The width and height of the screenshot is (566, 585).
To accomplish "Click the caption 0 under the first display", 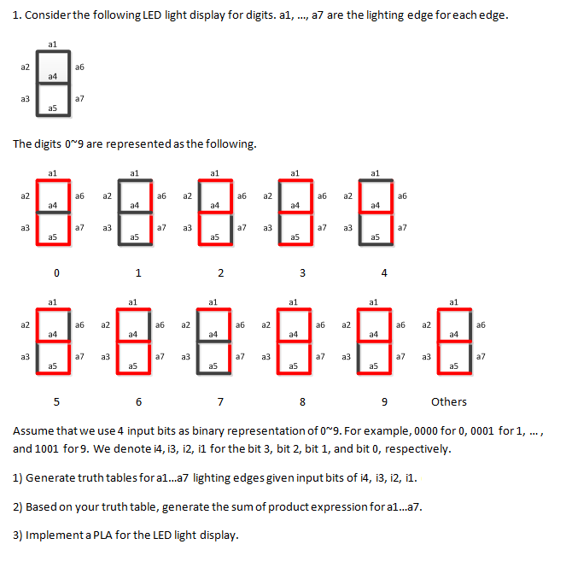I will tap(56, 273).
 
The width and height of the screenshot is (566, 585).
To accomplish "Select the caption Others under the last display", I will tap(449, 401).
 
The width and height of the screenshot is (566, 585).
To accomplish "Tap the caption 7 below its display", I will tap(220, 401).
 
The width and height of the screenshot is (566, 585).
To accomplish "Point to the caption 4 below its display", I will tap(384, 273).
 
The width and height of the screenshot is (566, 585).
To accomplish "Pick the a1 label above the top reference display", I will tap(53, 43).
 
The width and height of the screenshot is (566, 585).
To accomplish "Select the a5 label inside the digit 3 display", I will tap(295, 237).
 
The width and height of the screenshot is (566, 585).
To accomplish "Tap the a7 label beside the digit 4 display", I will tap(402, 228).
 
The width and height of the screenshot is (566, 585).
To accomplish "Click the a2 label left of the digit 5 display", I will tap(26, 325).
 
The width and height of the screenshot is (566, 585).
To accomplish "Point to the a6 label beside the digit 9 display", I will tap(401, 325).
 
